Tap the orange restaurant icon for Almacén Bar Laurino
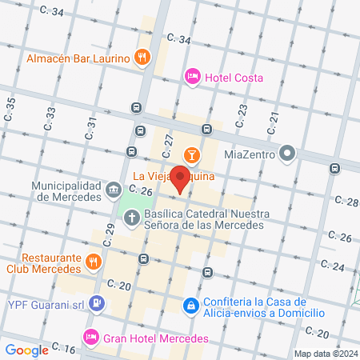pos(142,57)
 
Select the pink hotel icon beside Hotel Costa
pos(192,77)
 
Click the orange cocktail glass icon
pos(192,154)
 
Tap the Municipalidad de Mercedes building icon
pos(114,190)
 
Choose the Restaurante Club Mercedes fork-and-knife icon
pos(94,262)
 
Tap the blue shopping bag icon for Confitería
pos(191,306)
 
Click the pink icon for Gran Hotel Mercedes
pos(91,337)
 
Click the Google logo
pos(26,350)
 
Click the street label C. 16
pos(65,348)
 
